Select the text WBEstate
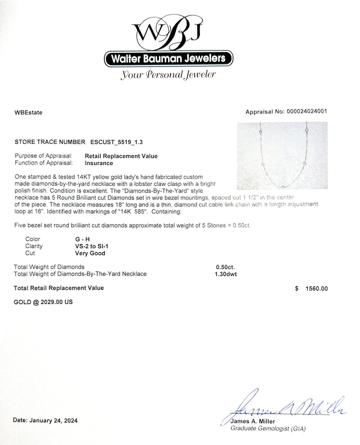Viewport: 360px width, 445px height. (29, 113)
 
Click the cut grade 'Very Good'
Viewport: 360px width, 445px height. (90, 253)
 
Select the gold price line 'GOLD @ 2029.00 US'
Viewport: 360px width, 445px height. (43, 302)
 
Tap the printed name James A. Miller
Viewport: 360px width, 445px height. (251, 422)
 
